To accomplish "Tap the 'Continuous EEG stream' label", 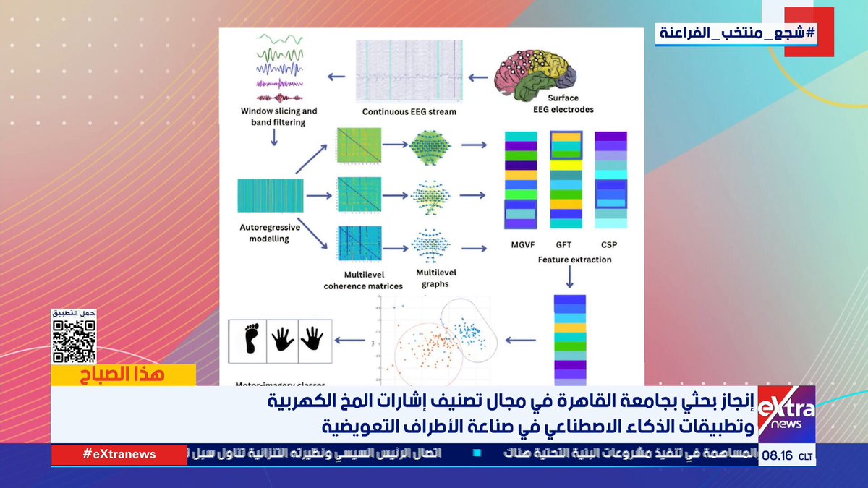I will pos(409,112).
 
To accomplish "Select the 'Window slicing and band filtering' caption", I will pos(279,117).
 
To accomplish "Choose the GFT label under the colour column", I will pos(563,245).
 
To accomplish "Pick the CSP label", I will pos(609,245).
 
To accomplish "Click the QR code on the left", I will pos(73,340).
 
